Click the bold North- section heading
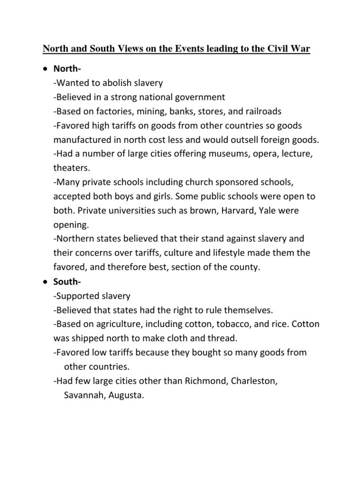coord(68,69)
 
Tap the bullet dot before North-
coord(44,69)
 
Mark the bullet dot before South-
coord(44,281)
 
